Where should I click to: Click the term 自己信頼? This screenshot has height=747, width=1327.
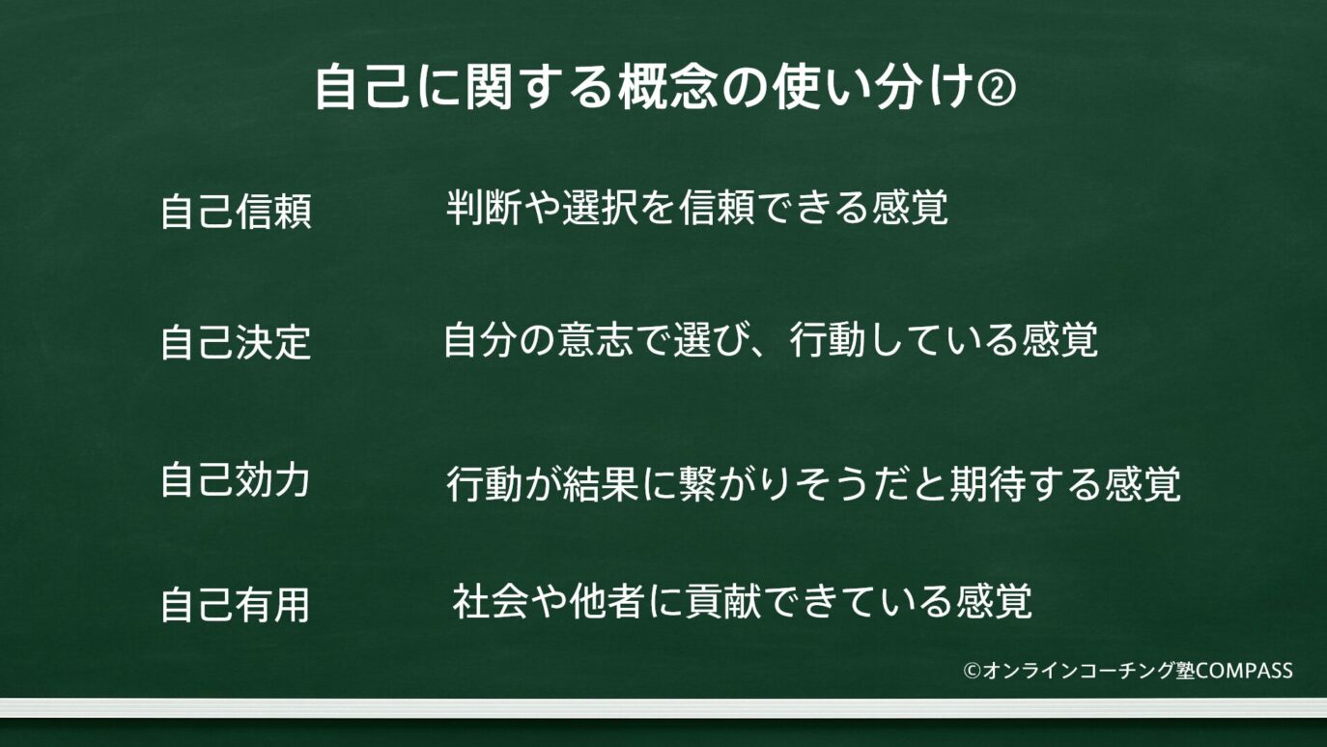236,212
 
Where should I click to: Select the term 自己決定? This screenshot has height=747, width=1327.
236,343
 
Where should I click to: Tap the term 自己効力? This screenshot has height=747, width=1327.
236,479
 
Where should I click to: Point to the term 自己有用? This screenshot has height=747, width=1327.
236,605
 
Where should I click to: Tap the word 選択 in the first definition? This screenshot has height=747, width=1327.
600,208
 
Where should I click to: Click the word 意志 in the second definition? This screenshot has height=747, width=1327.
596,340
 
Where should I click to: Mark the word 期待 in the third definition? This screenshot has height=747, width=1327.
988,484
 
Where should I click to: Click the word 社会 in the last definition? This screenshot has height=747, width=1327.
491,602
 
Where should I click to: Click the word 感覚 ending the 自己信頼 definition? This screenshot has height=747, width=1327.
910,208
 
